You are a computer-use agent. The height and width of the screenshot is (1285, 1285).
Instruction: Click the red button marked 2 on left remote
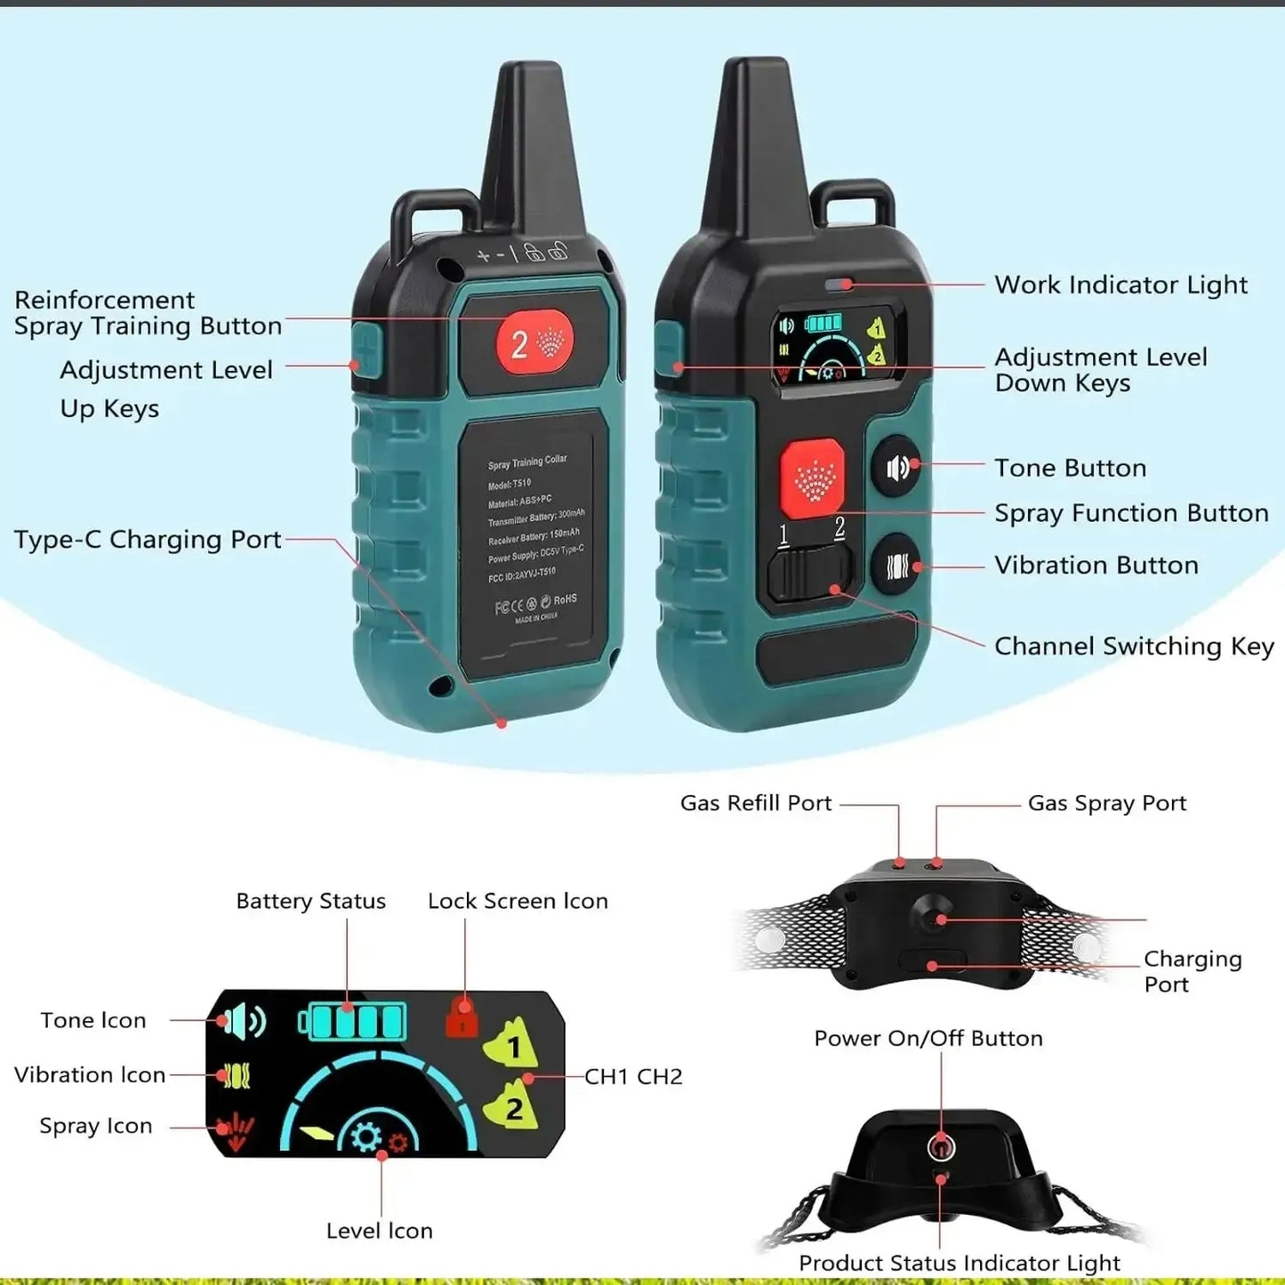(x=534, y=342)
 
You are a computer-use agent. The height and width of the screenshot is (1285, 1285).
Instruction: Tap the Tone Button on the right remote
(x=896, y=467)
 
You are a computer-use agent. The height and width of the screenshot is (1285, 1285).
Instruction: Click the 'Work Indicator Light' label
(x=1120, y=285)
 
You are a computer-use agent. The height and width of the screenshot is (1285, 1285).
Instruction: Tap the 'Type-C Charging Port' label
(x=148, y=540)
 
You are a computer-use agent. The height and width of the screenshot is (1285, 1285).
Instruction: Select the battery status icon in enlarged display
(x=353, y=1021)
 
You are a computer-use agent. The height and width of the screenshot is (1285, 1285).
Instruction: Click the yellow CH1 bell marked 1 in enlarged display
(x=512, y=1043)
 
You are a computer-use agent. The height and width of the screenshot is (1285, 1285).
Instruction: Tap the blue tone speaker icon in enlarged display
(x=241, y=1022)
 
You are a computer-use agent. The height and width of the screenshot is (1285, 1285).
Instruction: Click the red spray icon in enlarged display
(x=235, y=1131)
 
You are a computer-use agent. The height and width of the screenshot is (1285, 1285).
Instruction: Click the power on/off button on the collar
(x=940, y=1148)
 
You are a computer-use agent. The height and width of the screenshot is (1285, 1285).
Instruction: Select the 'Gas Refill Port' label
(x=755, y=803)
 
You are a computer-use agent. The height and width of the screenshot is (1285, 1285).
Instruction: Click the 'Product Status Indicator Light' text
(x=959, y=1263)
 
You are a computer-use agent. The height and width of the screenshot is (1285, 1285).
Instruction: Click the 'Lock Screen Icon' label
(x=518, y=901)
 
